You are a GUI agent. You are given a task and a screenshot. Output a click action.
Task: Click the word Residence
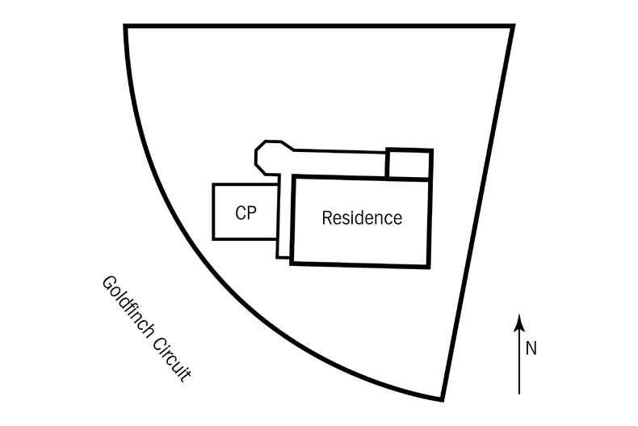[x=361, y=218]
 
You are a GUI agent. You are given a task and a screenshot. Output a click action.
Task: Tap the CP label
[x=246, y=213]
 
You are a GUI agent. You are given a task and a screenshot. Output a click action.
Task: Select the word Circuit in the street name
[x=173, y=358]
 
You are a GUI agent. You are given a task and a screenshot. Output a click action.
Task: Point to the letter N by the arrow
[x=531, y=348]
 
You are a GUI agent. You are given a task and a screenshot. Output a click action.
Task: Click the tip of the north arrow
[x=520, y=316]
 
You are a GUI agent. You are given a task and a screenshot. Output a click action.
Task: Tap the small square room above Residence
[x=409, y=163]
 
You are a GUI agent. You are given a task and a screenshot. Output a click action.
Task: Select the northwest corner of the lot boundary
[x=126, y=27]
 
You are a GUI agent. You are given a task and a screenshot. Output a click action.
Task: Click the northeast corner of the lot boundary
[x=512, y=27]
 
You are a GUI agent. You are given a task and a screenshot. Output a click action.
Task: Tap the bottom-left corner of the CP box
[x=214, y=238]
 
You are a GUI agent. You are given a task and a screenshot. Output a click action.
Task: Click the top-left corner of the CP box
[x=214, y=185]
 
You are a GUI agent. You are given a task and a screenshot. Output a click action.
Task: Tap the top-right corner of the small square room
[x=431, y=150]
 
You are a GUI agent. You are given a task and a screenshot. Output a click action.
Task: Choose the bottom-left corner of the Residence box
[x=292, y=263]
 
